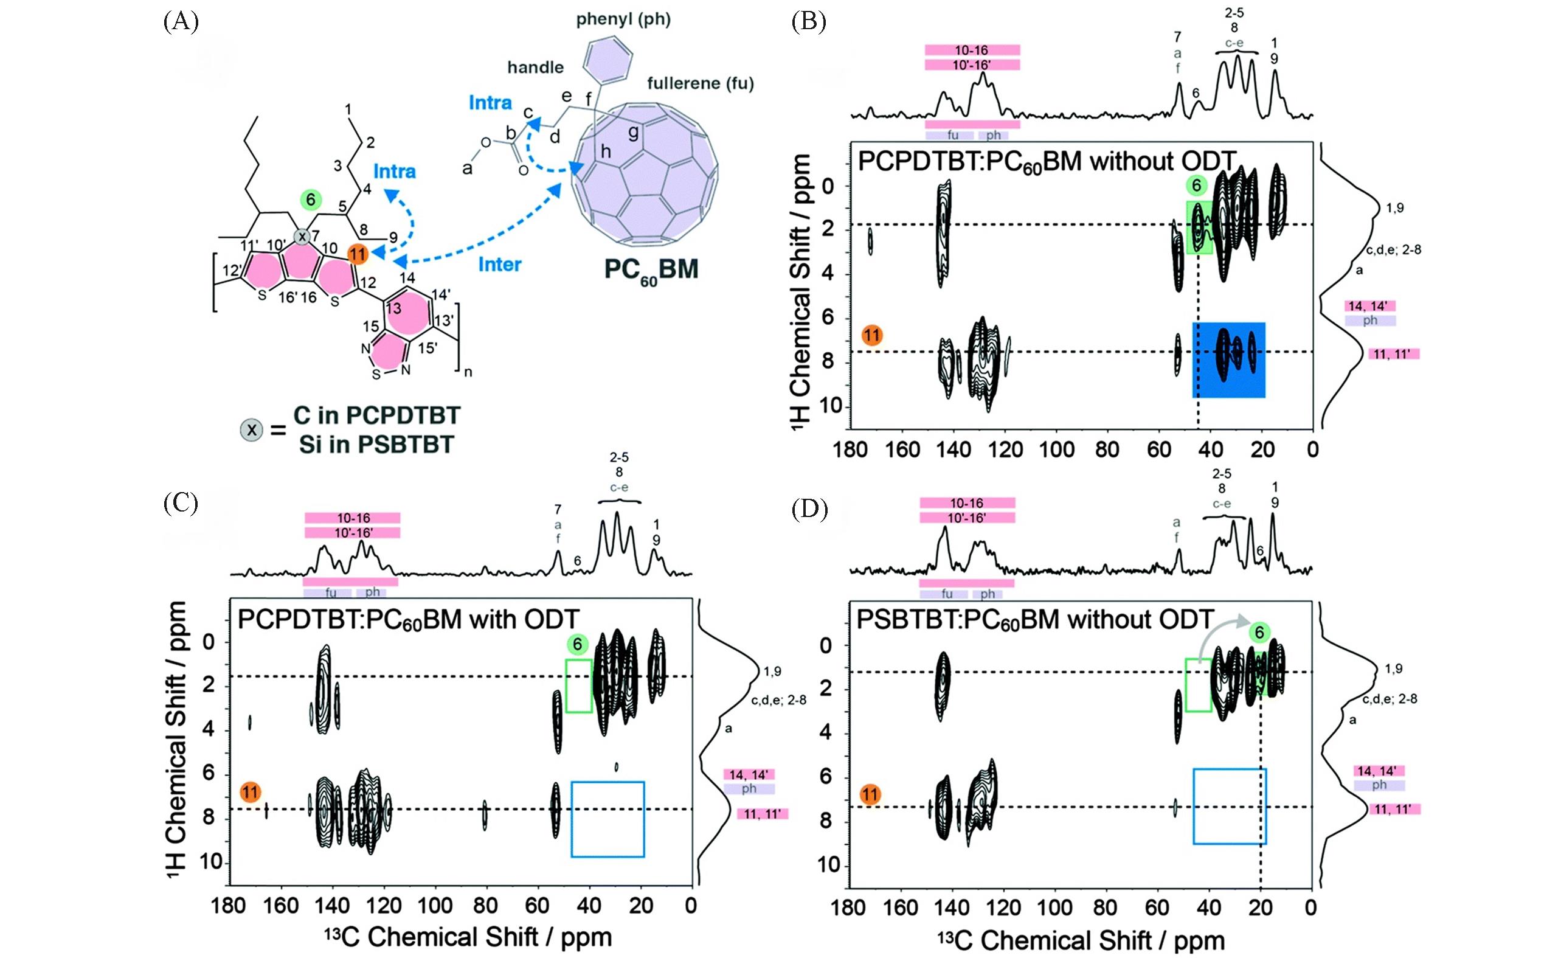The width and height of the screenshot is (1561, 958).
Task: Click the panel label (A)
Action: (x=181, y=23)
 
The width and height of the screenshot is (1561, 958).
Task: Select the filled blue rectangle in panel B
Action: (x=1228, y=360)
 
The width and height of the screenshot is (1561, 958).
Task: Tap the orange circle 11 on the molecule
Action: (x=358, y=254)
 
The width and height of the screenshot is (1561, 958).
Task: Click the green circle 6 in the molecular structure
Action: (x=310, y=200)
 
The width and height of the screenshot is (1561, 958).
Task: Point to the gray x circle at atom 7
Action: (x=303, y=237)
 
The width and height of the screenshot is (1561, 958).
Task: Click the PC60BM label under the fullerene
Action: (x=651, y=271)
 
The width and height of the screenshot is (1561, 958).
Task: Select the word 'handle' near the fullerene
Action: (x=535, y=67)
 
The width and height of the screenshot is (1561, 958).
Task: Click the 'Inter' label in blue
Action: (x=499, y=264)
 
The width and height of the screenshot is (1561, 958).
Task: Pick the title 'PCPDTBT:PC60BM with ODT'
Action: (x=408, y=619)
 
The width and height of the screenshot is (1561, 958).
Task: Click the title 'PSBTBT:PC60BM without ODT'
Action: (x=1034, y=619)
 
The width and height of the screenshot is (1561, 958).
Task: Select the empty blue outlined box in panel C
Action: (x=607, y=819)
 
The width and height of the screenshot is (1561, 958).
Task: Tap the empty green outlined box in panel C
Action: (x=578, y=686)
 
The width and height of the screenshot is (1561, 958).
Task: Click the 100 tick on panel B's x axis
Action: (x=1056, y=450)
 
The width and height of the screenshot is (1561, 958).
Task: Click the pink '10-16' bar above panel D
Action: (x=967, y=503)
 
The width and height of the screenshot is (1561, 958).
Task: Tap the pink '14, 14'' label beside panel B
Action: (x=1369, y=306)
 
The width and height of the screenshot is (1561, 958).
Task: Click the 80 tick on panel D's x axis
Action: (x=1106, y=908)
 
